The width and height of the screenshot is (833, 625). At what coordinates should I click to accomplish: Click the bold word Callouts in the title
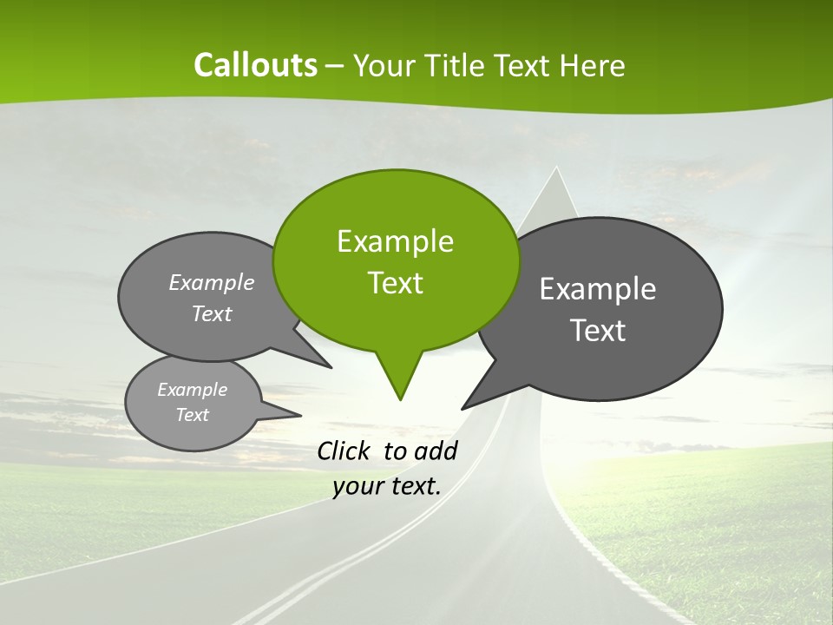tap(255, 65)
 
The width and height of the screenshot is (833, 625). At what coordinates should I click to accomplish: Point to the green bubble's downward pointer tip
tap(400, 398)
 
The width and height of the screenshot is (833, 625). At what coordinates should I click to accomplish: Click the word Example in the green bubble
tap(396, 241)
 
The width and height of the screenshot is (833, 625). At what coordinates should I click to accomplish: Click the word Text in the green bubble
tap(396, 283)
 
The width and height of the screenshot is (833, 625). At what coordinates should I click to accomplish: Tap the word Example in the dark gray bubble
tap(598, 289)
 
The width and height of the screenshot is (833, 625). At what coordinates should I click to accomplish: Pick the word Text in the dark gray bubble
tap(598, 331)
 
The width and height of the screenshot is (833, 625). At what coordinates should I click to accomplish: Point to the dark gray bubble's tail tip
tap(463, 408)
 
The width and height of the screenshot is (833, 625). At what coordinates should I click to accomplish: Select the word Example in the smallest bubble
tap(192, 390)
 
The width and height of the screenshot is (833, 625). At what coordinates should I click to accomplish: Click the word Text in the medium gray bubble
tap(212, 314)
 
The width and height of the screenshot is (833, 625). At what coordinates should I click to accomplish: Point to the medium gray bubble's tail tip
tap(331, 367)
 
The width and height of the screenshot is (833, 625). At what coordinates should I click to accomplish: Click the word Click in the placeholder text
tap(344, 451)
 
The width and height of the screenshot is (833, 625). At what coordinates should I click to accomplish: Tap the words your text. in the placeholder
tap(387, 487)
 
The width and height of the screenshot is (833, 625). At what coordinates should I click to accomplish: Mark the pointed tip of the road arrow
tap(555, 168)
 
